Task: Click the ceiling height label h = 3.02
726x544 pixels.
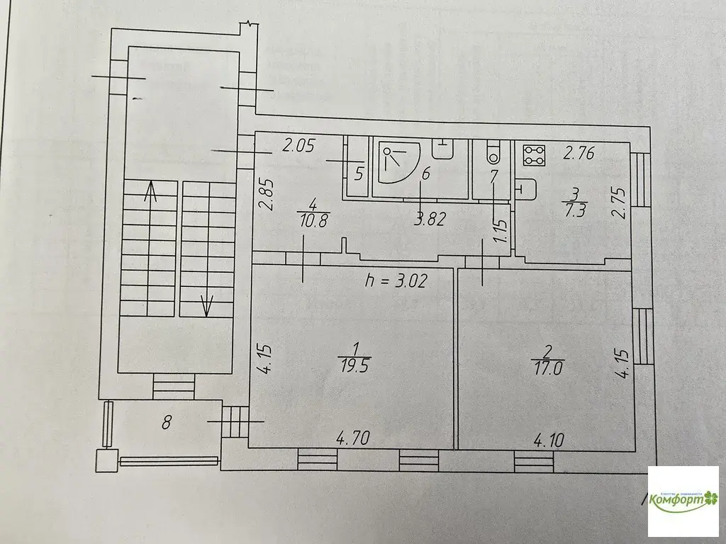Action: [398, 280]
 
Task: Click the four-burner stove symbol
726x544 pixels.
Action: [532, 155]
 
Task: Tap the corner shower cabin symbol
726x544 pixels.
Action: [399, 164]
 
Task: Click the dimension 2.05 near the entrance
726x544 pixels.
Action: [298, 147]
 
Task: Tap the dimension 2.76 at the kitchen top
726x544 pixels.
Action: [579, 151]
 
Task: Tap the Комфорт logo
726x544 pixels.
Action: [684, 499]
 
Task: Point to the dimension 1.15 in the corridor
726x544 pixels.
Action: [500, 232]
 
